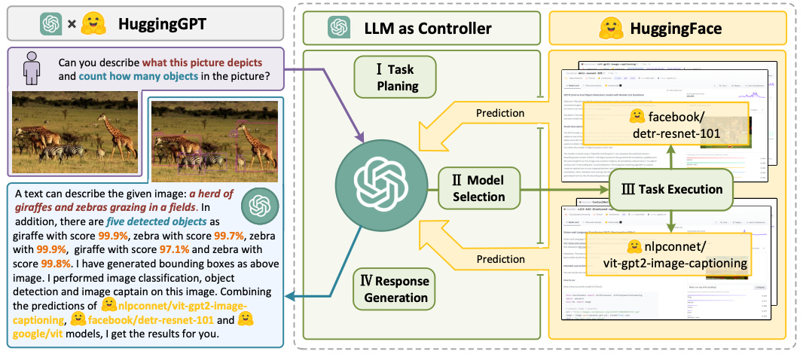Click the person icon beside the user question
(x=32, y=69)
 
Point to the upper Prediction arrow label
(x=500, y=113)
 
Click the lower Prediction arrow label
(x=500, y=260)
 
